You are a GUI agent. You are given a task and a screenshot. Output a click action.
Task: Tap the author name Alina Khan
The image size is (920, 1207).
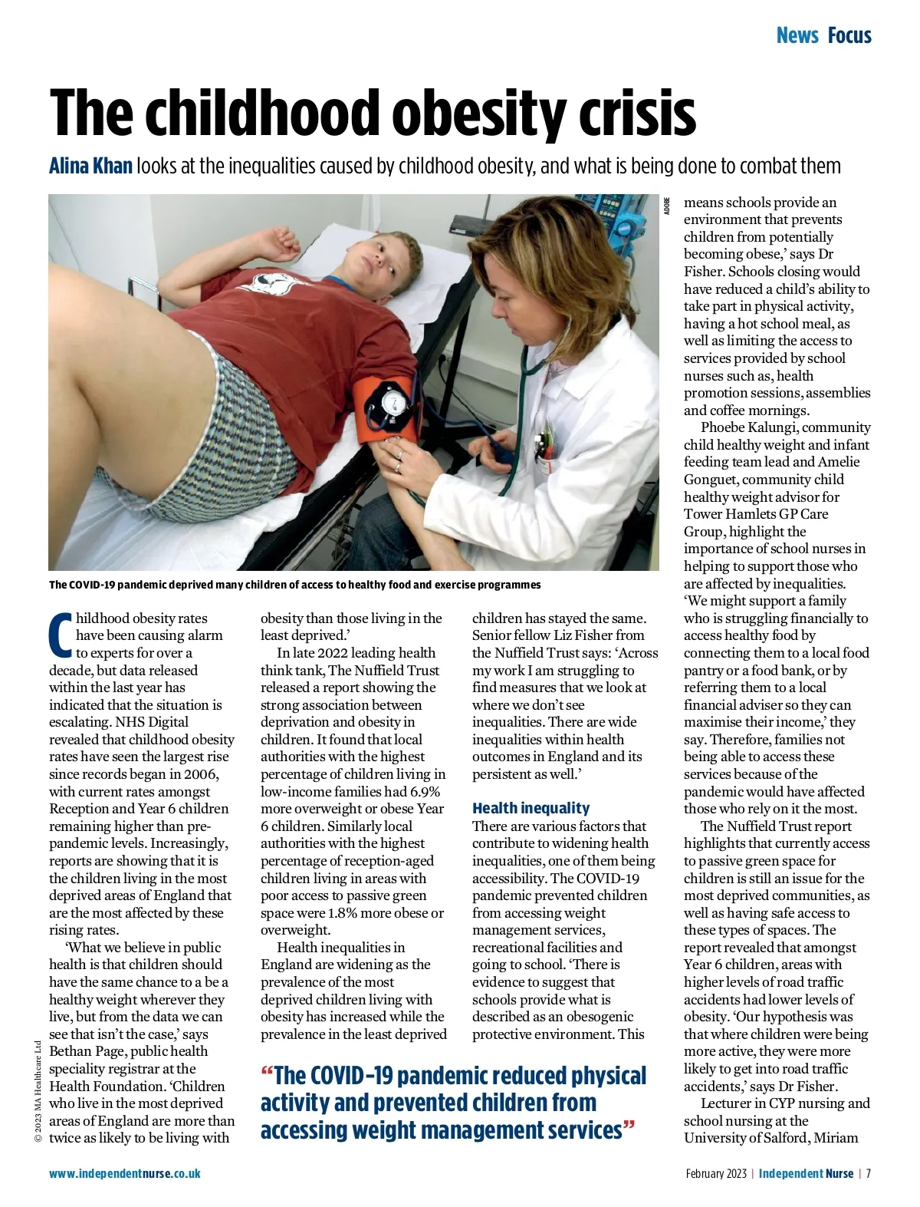[x=90, y=166]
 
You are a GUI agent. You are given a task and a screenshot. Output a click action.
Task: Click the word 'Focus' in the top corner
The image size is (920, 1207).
[x=849, y=35]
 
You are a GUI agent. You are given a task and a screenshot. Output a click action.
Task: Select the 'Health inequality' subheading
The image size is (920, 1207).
[x=531, y=808]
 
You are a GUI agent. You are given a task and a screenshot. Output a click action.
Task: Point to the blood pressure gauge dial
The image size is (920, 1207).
[x=392, y=401]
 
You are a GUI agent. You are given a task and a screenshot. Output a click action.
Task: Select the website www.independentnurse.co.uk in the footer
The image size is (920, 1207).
[x=125, y=1173]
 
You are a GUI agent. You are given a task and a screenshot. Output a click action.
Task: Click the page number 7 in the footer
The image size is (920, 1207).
[x=869, y=1173]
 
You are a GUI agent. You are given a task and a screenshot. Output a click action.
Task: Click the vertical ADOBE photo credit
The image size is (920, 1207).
[x=667, y=206]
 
